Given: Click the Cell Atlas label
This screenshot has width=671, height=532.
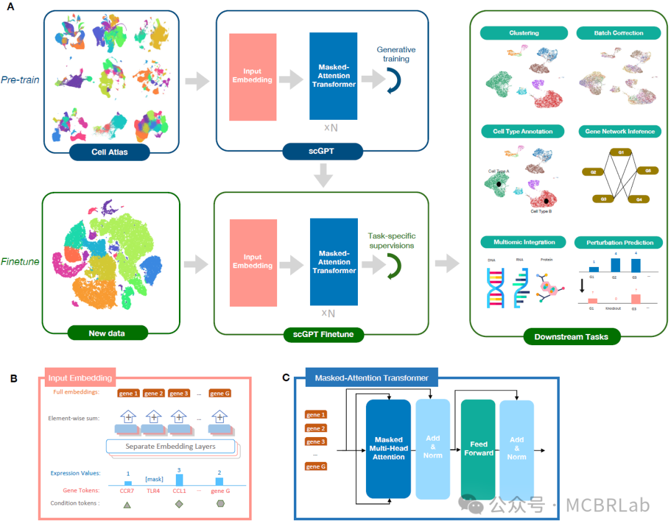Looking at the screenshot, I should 109,151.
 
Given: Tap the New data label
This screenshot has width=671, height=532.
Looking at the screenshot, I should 107,333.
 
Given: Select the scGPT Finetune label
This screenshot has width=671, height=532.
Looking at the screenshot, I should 323,335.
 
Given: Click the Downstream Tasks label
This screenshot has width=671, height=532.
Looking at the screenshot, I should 571,337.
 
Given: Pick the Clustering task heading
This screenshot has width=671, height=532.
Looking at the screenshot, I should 524,33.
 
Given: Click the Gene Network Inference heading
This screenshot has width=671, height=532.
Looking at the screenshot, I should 619,132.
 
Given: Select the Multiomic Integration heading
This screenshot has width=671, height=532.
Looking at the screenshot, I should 524,241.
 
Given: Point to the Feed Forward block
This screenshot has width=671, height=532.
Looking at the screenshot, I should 478,449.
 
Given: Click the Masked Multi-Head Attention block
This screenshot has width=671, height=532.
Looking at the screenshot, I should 388,449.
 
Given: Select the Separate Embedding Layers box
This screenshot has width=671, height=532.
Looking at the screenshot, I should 170,446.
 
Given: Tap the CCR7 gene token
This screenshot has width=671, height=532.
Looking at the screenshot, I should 127,490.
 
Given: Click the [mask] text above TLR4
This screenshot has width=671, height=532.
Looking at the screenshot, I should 153,479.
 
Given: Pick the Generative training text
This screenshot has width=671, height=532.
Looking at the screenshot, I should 396,54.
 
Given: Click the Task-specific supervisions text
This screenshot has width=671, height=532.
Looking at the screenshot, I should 391,240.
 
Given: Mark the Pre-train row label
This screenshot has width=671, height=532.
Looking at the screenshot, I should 20,80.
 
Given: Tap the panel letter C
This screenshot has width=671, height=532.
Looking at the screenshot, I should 286,377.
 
